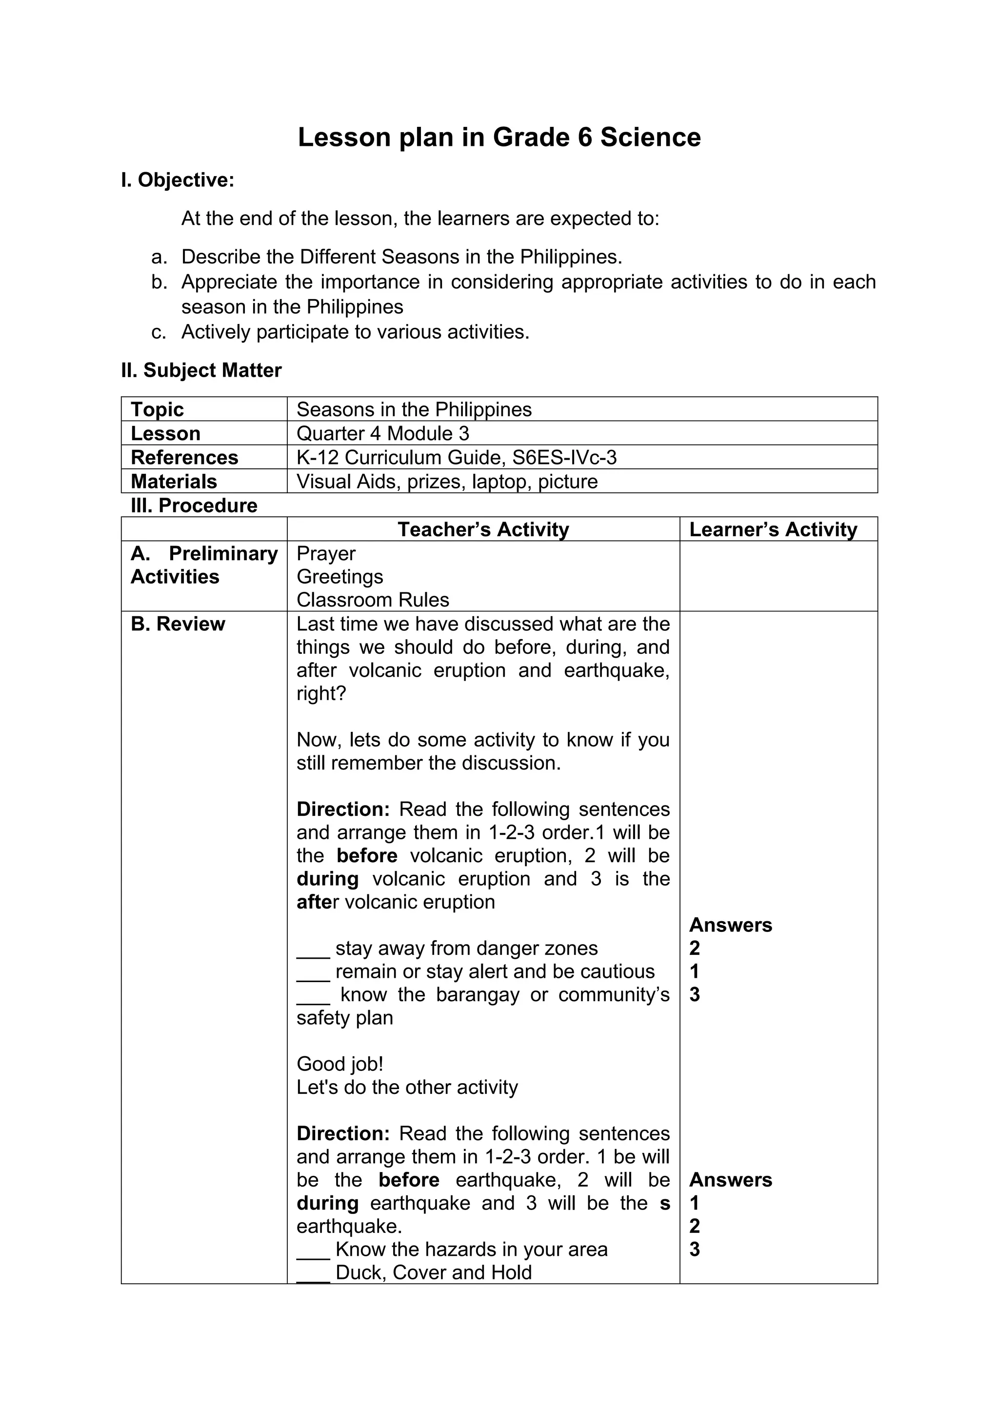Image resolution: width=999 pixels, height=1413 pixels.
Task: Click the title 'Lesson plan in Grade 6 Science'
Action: [499, 137]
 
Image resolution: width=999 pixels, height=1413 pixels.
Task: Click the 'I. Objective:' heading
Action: [178, 181]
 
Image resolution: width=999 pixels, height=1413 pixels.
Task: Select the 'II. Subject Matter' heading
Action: [201, 370]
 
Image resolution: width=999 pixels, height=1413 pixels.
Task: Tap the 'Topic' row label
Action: [158, 409]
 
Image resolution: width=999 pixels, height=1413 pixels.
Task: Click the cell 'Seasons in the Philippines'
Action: [414, 409]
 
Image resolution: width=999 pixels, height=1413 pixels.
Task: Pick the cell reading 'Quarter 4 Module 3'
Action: [382, 433]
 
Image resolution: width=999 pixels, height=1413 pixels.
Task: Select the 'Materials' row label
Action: [174, 481]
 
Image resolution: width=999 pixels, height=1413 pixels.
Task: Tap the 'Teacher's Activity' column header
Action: [483, 529]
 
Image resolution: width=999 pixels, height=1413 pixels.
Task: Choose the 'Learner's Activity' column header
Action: [773, 529]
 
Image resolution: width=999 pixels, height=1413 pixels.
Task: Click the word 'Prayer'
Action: [326, 553]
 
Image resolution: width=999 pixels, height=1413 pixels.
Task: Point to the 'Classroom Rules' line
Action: [373, 600]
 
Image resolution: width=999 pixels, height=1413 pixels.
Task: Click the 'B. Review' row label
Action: [178, 624]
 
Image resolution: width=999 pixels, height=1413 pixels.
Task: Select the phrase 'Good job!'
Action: [340, 1064]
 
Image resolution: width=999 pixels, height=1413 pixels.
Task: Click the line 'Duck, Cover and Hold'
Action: [434, 1272]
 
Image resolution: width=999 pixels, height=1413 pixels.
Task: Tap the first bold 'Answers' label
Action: [730, 925]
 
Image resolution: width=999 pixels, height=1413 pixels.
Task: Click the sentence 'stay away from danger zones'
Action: [466, 949]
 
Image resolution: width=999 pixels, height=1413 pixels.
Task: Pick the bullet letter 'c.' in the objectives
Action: [159, 332]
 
